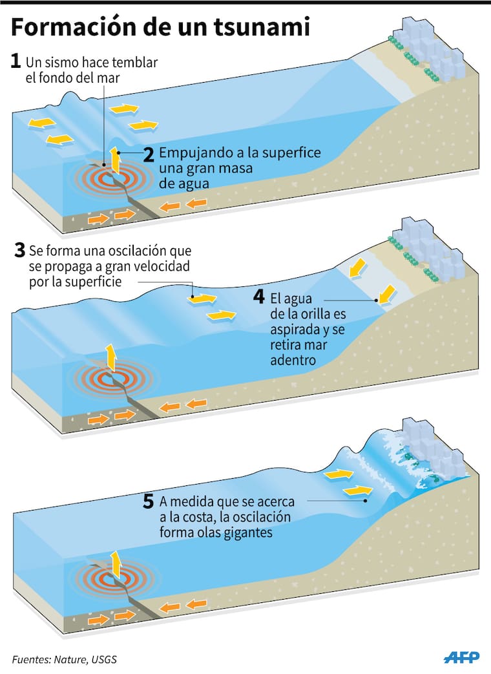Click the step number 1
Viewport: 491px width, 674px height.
tap(16, 61)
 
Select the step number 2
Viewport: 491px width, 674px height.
tap(148, 154)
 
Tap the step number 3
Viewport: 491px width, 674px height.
tap(19, 250)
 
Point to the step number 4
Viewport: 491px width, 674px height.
tap(258, 297)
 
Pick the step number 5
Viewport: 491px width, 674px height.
tap(148, 501)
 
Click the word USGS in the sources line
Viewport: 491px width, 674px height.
tap(104, 659)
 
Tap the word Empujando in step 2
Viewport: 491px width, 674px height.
tap(193, 153)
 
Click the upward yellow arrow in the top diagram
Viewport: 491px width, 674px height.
tap(115, 160)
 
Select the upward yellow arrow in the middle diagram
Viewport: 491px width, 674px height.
tap(111, 357)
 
